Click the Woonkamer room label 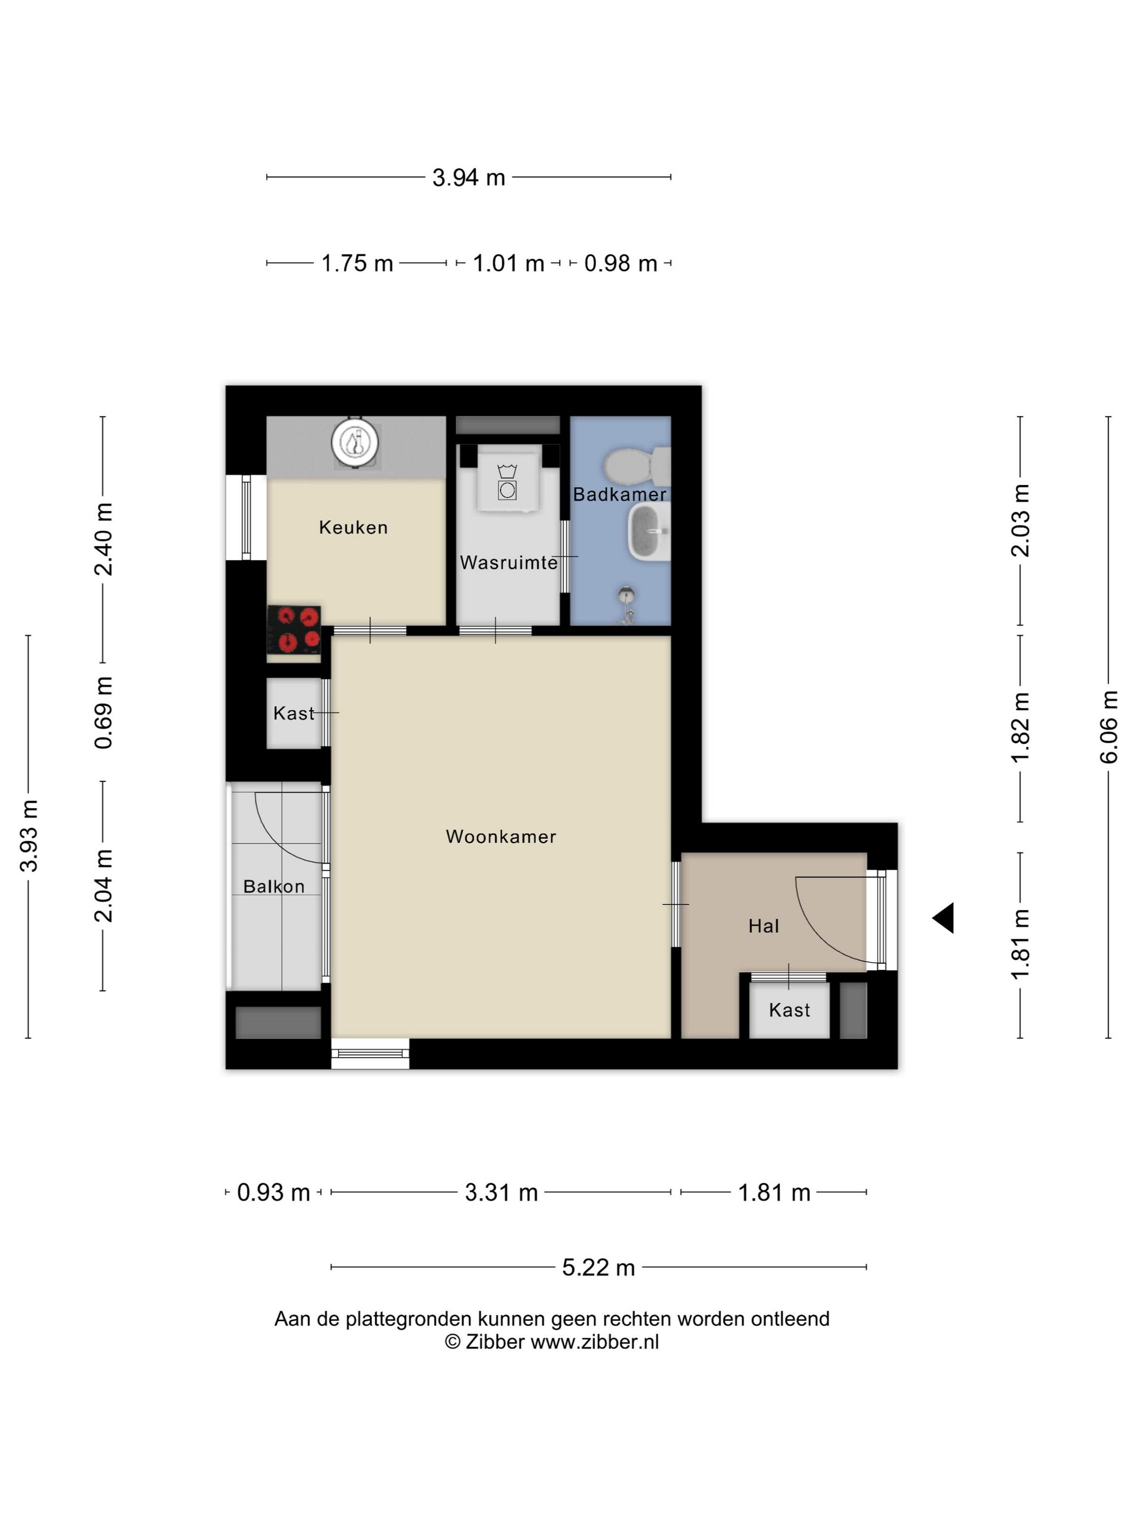click(500, 837)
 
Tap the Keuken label click(354, 527)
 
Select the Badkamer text click(619, 495)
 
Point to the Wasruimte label click(508, 562)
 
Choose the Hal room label click(763, 926)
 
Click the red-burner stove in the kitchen click(294, 630)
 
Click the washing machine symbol click(507, 482)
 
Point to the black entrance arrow click(943, 918)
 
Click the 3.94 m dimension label click(469, 178)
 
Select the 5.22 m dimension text click(598, 1267)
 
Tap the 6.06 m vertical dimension click(1108, 727)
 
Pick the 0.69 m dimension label click(103, 712)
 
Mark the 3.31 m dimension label click(501, 1192)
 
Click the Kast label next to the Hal click(789, 1010)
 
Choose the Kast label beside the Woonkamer click(294, 713)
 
